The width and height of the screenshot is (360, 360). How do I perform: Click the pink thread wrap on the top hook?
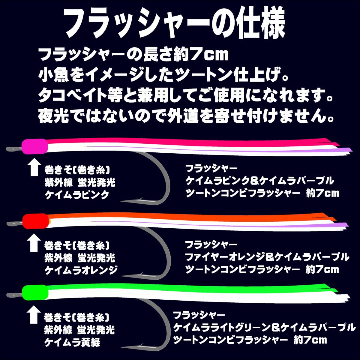coord(35,146)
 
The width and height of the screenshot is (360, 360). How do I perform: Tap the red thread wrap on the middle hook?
coord(35,221)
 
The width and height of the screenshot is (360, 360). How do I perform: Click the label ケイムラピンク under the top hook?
coord(77,195)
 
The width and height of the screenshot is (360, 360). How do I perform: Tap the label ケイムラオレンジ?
coord(81,270)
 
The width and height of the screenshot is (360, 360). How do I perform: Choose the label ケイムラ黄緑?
coord(72,342)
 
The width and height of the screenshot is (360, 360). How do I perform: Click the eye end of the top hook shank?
coord(9,149)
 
